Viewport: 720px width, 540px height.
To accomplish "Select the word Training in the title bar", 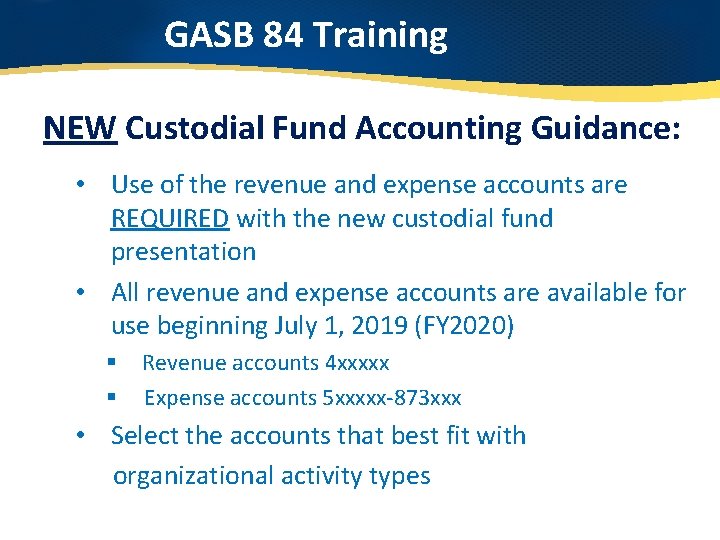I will [x=380, y=36].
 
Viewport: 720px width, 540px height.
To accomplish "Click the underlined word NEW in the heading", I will [x=81, y=129].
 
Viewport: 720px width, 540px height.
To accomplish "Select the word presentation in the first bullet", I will [x=183, y=252].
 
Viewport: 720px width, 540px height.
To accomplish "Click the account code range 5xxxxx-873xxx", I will [x=392, y=398].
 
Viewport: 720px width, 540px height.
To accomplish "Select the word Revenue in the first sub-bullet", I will [x=182, y=363].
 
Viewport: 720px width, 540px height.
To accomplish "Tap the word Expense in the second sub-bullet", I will [x=184, y=398].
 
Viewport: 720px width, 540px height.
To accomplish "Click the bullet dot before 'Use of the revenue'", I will [x=90, y=185].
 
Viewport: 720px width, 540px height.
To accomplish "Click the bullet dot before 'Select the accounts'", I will [x=90, y=436].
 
